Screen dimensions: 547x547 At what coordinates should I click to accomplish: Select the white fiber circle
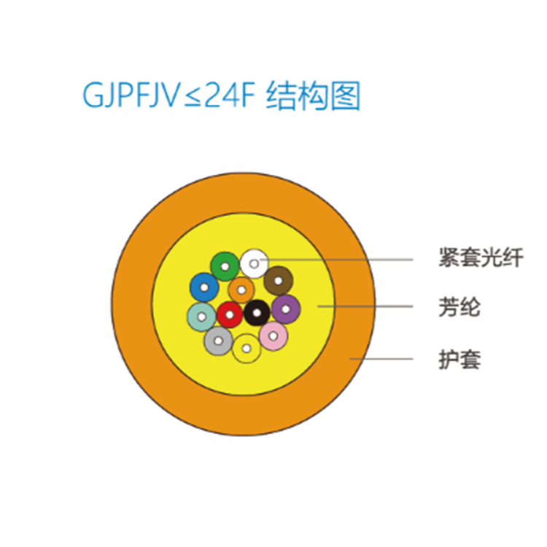click(255, 261)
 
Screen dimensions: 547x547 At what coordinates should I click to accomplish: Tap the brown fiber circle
click(278, 280)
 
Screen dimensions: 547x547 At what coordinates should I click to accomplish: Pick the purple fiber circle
click(286, 309)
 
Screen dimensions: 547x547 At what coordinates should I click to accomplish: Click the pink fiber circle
click(273, 335)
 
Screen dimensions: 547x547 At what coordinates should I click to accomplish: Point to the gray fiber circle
click(217, 341)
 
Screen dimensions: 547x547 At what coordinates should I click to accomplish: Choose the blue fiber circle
click(203, 288)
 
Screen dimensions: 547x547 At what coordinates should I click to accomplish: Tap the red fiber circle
click(230, 314)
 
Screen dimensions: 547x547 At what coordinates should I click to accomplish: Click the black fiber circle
click(257, 313)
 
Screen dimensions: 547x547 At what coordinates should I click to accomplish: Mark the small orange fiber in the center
click(241, 290)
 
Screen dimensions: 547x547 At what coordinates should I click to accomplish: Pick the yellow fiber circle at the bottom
click(247, 348)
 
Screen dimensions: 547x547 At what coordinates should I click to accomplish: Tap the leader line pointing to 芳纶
click(372, 307)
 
